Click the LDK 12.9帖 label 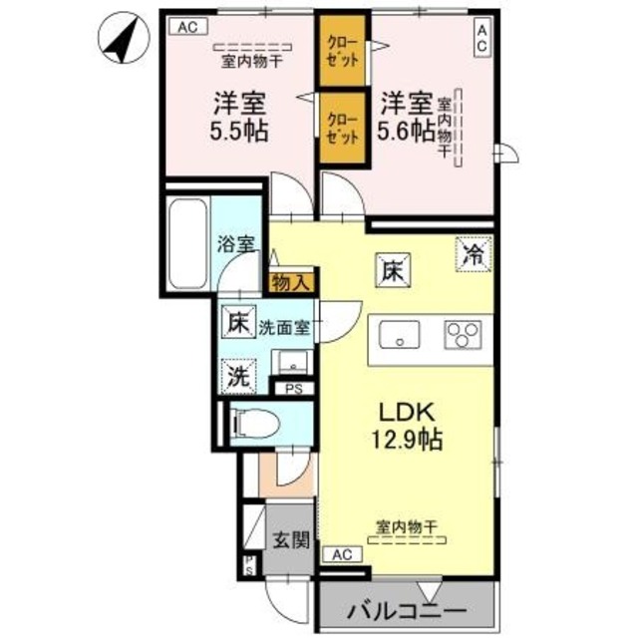click(408, 425)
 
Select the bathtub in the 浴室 click(188, 240)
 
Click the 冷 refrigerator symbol click(474, 253)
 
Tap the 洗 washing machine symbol click(238, 377)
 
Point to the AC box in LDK click(342, 554)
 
